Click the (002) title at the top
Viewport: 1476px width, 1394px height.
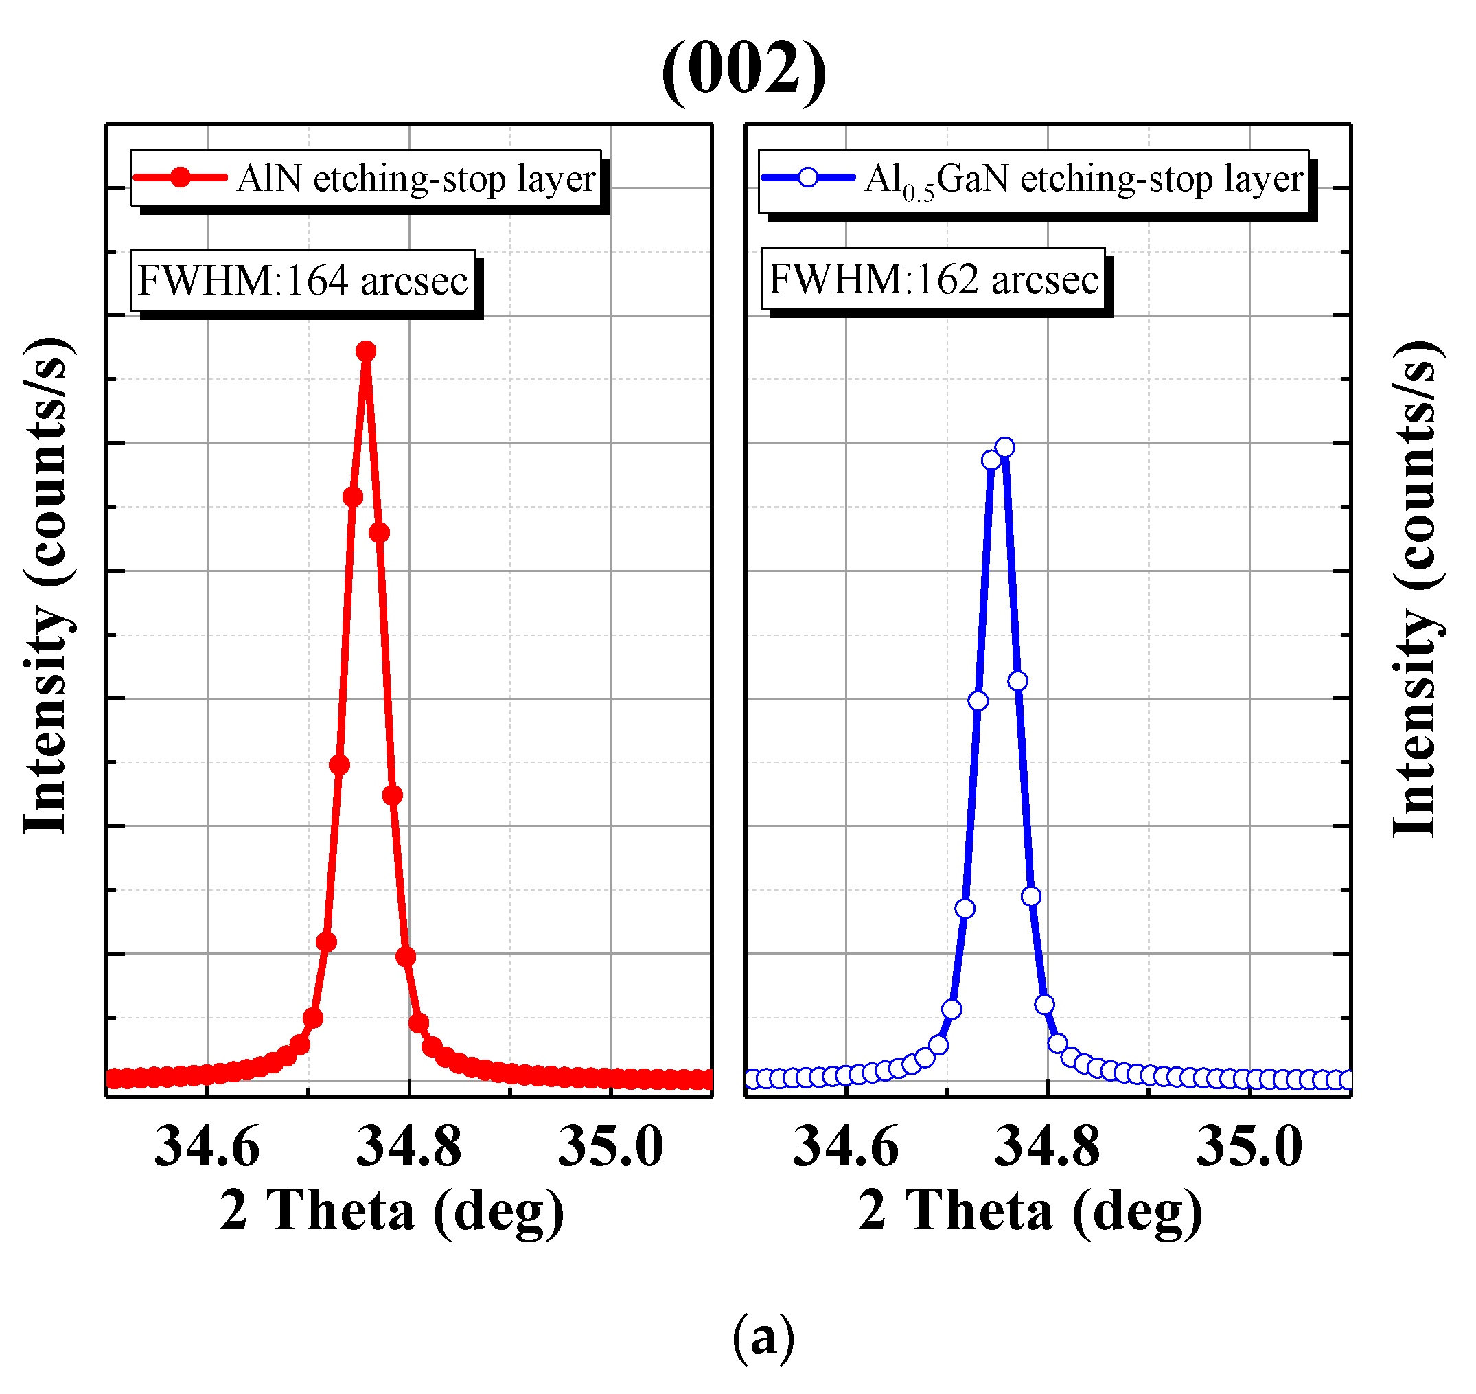[x=743, y=69]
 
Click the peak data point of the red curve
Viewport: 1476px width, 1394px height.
[x=365, y=351]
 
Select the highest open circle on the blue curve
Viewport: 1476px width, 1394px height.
[x=1004, y=447]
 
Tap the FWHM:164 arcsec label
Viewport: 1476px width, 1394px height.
[x=303, y=281]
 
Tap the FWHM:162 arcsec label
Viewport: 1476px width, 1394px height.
[x=933, y=279]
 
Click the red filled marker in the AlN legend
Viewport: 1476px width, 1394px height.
[x=181, y=178]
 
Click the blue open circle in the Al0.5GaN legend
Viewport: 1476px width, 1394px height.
[x=807, y=178]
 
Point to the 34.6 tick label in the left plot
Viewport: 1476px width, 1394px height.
[x=207, y=1147]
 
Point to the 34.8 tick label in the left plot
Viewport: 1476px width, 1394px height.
[x=409, y=1147]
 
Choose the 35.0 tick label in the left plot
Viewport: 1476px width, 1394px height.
[x=610, y=1147]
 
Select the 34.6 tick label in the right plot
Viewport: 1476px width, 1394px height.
[x=846, y=1147]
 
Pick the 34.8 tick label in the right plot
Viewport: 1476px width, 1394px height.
[x=1048, y=1147]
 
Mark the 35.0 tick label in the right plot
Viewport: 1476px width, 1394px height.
[x=1249, y=1147]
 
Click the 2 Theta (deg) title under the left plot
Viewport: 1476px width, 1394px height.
[x=391, y=1213]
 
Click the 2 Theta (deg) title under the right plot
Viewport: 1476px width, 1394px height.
[x=1030, y=1213]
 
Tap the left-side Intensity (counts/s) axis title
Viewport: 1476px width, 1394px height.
[x=46, y=587]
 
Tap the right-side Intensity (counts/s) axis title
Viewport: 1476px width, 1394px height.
[x=1415, y=589]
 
